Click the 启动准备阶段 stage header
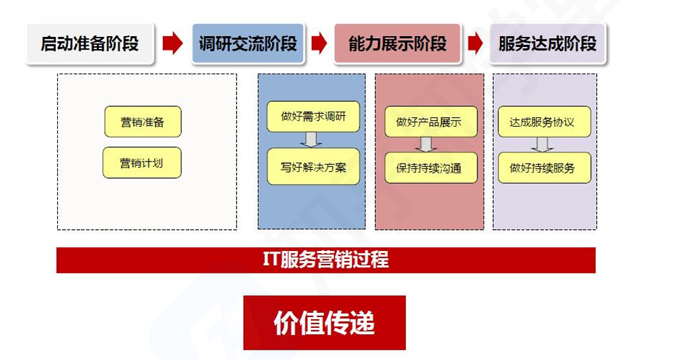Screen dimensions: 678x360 (x=90, y=44)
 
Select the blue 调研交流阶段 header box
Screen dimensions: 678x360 (x=248, y=44)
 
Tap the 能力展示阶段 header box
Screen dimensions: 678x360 (x=398, y=44)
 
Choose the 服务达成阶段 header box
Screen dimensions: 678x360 (x=548, y=44)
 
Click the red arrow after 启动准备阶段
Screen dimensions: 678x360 (x=173, y=43)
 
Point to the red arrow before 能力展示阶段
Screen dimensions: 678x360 (x=319, y=43)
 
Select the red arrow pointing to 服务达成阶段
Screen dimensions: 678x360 (x=475, y=43)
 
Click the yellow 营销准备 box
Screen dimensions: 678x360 (x=143, y=122)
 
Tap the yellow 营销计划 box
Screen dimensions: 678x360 (x=142, y=163)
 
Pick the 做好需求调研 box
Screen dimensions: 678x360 (x=313, y=117)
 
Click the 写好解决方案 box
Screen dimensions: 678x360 (x=313, y=167)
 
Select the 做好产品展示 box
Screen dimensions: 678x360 (x=430, y=122)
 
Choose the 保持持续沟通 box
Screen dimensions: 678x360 (x=430, y=168)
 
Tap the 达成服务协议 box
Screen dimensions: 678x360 (x=544, y=122)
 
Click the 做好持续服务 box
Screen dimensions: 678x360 (x=544, y=168)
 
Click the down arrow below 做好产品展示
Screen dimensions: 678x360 (x=426, y=145)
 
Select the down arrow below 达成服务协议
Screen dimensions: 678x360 (x=542, y=145)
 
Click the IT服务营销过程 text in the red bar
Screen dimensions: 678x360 (x=325, y=260)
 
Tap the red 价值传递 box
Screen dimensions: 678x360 (x=324, y=322)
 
